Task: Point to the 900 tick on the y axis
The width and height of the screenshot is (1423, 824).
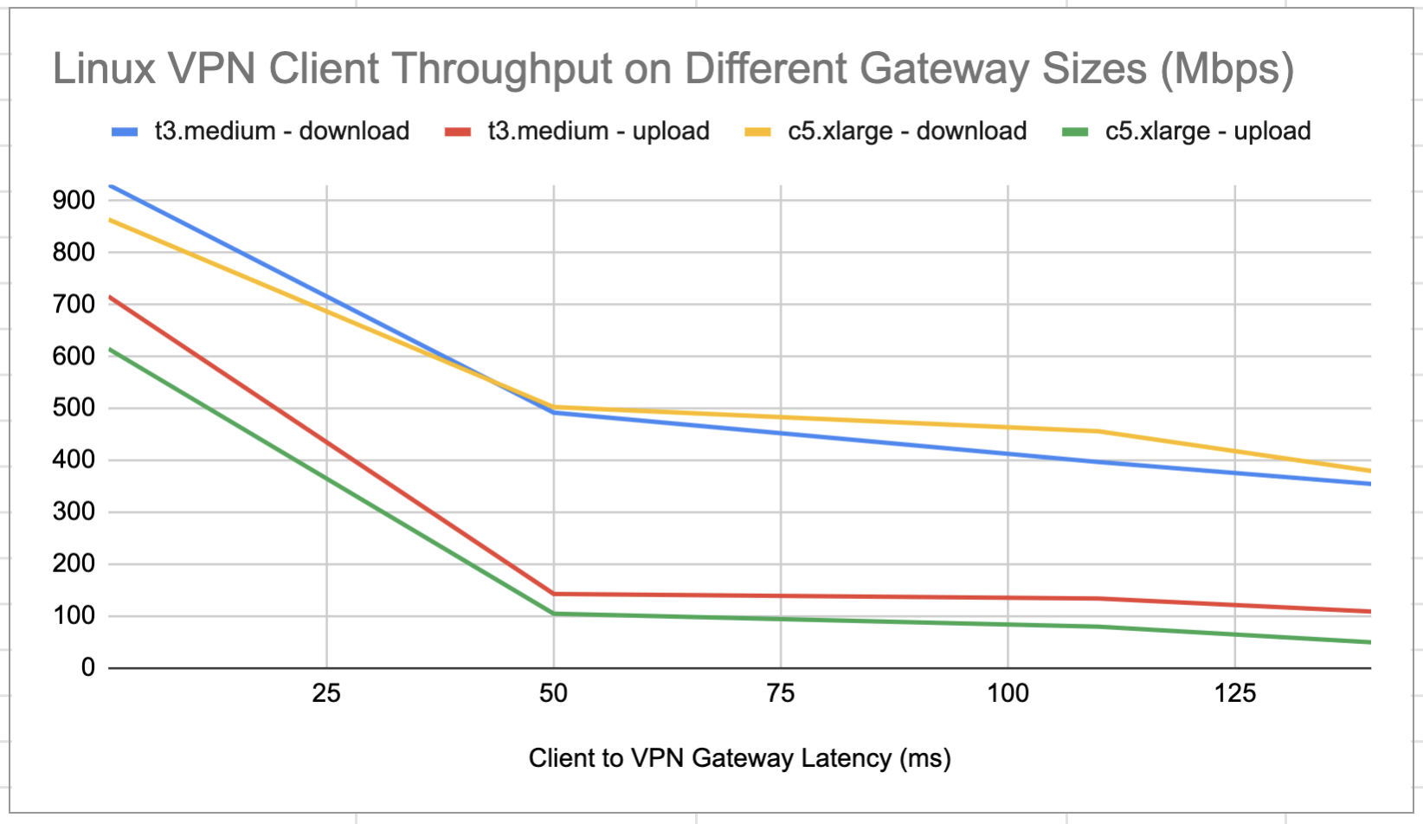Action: pyautogui.click(x=74, y=201)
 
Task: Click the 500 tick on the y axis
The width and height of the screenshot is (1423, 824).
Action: pyautogui.click(x=74, y=408)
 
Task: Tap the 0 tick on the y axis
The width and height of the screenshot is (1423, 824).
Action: pyautogui.click(x=87, y=667)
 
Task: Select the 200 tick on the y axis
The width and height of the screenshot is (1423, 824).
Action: pyautogui.click(x=74, y=563)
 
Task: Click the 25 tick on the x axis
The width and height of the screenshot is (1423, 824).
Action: pyautogui.click(x=326, y=693)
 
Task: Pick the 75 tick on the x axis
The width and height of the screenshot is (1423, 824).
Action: pyautogui.click(x=781, y=693)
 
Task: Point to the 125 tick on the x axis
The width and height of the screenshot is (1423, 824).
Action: pyautogui.click(x=1235, y=693)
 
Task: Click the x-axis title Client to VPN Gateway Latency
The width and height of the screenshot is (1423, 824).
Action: pyautogui.click(x=739, y=758)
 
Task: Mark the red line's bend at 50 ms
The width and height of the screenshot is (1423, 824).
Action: pyautogui.click(x=554, y=594)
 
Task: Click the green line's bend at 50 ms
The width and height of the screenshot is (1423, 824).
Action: pyautogui.click(x=554, y=614)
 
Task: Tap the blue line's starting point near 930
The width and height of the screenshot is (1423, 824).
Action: pyautogui.click(x=111, y=185)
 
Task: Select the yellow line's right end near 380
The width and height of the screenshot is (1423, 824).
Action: pyautogui.click(x=1369, y=471)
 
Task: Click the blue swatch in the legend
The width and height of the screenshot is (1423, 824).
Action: pyautogui.click(x=125, y=132)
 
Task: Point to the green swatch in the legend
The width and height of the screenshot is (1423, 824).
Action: pyautogui.click(x=1075, y=132)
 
